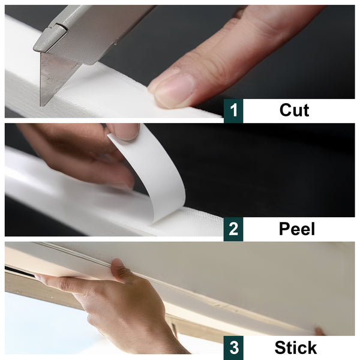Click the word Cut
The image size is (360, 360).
click(294, 110)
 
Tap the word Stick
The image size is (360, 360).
click(295, 347)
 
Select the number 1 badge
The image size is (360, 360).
click(233, 111)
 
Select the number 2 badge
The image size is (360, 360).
click(233, 229)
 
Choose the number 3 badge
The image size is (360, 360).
click(233, 348)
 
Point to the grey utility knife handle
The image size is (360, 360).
click(96, 30)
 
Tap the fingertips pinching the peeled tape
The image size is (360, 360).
click(123, 131)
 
